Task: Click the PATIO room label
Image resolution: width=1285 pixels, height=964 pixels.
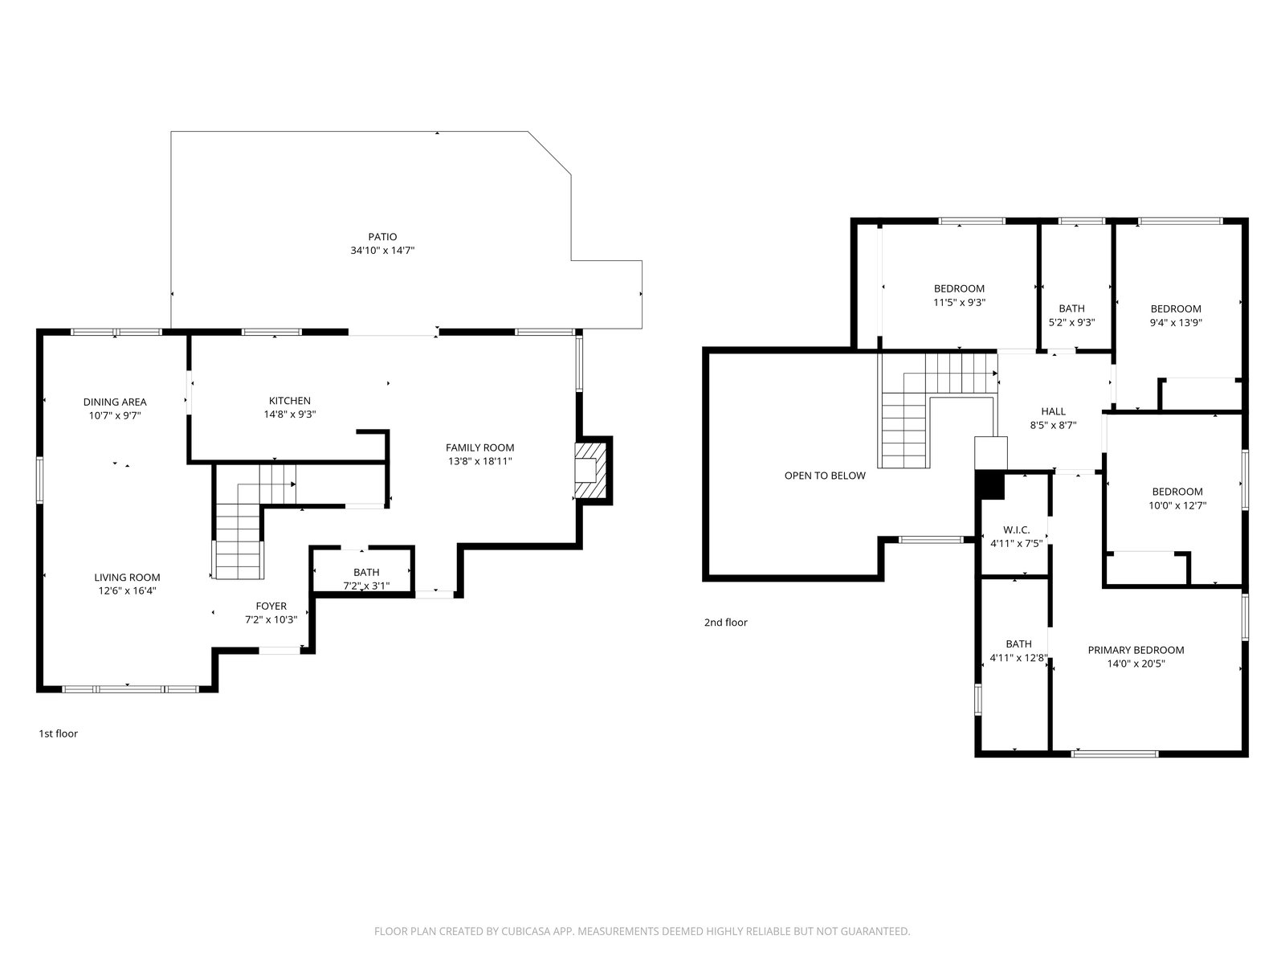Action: click(382, 236)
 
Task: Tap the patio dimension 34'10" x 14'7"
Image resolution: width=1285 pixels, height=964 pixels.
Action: click(382, 251)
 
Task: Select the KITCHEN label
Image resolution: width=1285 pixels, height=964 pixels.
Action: click(290, 400)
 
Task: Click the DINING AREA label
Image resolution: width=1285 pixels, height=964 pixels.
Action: click(115, 402)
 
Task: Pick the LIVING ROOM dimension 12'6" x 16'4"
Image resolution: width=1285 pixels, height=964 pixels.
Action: click(127, 590)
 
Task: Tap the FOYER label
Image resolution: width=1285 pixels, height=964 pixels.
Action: click(271, 606)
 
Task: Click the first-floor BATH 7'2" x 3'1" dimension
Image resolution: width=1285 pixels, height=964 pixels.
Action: click(366, 586)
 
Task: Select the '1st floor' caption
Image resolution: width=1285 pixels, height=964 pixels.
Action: click(58, 733)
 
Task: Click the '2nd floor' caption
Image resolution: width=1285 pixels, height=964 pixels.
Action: click(725, 622)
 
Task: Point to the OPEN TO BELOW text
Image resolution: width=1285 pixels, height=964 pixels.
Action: click(825, 476)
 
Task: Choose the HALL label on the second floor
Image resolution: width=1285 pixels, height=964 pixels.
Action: click(1053, 411)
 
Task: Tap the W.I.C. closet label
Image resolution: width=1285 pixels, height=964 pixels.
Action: click(1016, 529)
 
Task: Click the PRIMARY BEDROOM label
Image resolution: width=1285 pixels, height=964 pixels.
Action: click(1136, 650)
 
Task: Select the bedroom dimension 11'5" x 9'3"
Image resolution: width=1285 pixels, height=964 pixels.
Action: click(959, 303)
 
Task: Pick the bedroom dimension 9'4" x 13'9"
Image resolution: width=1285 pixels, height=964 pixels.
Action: click(1176, 322)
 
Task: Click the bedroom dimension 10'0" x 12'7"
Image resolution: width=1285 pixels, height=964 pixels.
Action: click(1177, 505)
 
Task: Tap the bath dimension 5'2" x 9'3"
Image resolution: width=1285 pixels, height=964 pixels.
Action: click(1071, 322)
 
